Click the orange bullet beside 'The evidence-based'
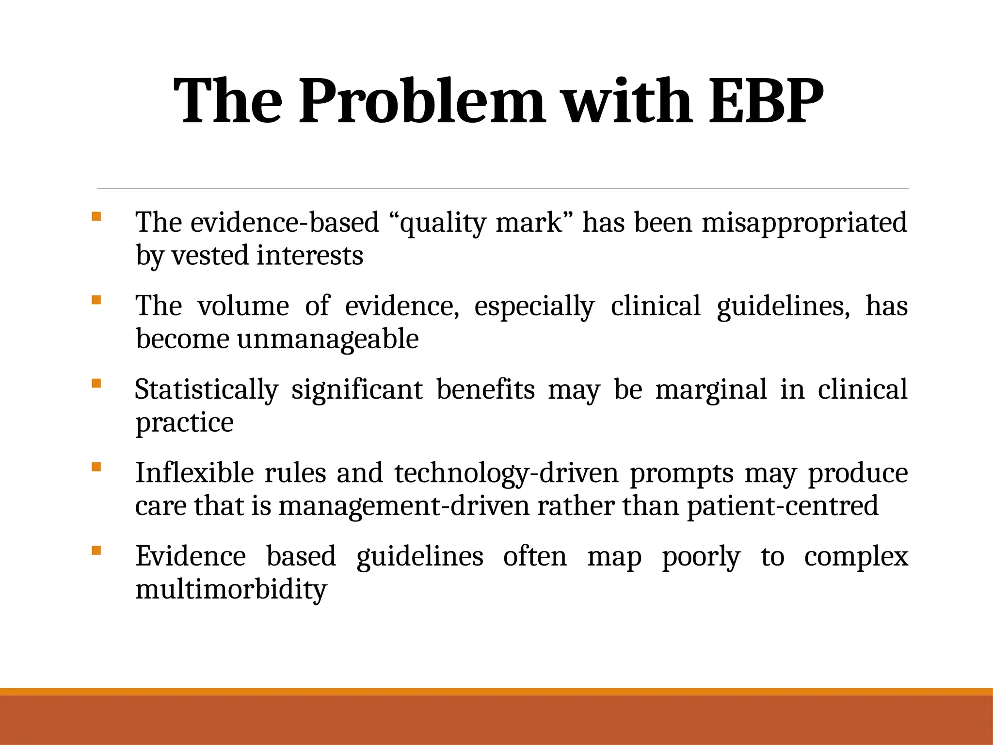tap(96, 216)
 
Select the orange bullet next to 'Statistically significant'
tap(96, 383)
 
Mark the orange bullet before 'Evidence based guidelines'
tap(96, 550)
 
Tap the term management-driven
tap(403, 505)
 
